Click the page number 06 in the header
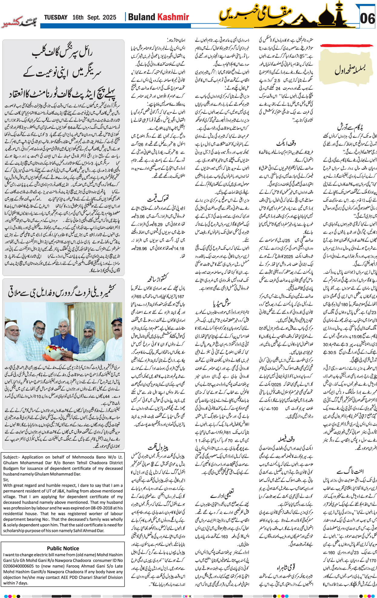click(x=367, y=19)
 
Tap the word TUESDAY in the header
click(x=56, y=18)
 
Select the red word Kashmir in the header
click(x=173, y=17)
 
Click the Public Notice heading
click(x=63, y=548)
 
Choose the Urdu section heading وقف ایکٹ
click(x=286, y=143)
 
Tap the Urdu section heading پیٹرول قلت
click(x=158, y=447)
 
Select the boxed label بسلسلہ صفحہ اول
click(x=350, y=69)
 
